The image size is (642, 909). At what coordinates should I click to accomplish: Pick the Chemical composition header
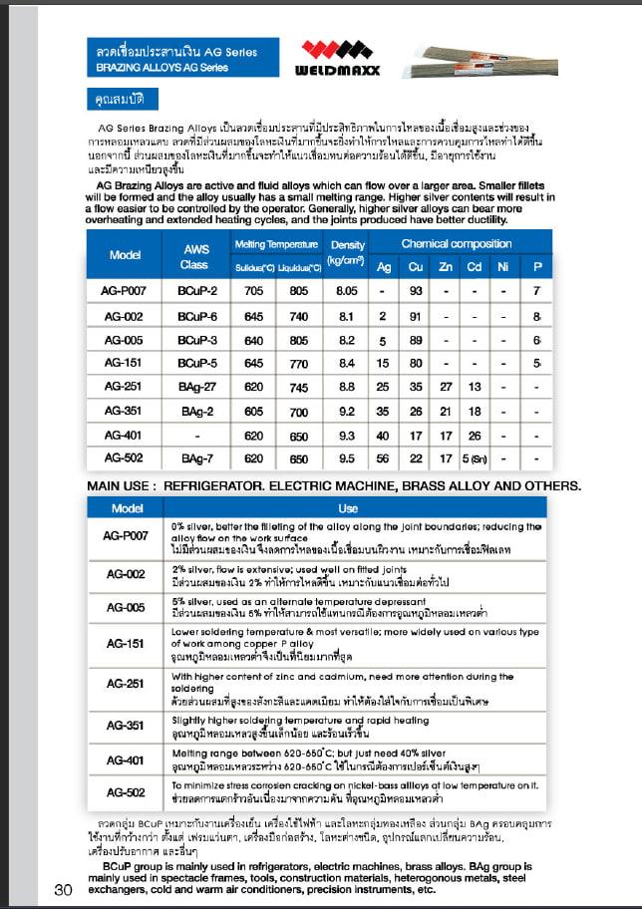456,244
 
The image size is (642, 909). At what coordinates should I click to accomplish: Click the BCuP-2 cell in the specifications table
196,290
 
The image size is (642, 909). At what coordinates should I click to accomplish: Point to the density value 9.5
347,458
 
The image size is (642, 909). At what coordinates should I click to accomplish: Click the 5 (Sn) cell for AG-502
477,458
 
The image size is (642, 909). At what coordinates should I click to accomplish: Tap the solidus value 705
253,290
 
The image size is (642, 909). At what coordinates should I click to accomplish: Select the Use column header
347,508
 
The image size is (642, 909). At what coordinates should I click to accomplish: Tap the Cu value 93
417,290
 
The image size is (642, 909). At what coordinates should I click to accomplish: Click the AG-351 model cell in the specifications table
124,411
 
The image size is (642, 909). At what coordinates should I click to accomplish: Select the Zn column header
446,267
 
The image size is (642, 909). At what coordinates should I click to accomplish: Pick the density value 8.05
347,290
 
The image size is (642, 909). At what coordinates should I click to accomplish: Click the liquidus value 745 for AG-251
299,386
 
